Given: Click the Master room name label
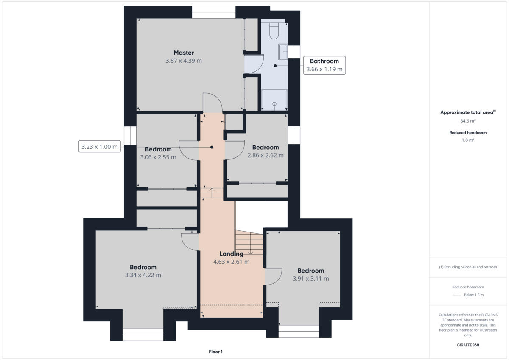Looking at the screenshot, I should [x=184, y=53].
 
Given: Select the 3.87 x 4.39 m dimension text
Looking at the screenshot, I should [x=184, y=61].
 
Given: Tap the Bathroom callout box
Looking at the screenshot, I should [x=324, y=65].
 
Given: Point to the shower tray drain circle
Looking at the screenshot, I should [x=274, y=104].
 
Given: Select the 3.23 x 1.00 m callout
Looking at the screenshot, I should [x=99, y=147].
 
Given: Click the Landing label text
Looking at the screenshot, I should [x=231, y=254].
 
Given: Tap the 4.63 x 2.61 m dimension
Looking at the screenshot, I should [x=231, y=262].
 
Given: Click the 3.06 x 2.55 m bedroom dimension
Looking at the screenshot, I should [x=158, y=157].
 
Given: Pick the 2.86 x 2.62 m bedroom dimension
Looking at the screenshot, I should [x=266, y=155].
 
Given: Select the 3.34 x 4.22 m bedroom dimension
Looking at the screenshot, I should [x=143, y=275].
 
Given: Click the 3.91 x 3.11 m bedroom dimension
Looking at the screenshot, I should [x=310, y=279].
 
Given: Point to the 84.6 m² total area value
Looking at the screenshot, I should [x=468, y=121].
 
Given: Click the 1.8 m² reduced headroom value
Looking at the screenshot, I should [x=468, y=140].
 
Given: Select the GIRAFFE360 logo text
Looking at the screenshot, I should [x=468, y=345].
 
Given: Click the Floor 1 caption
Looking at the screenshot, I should [x=215, y=352].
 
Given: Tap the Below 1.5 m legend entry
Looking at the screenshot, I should [x=473, y=295].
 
